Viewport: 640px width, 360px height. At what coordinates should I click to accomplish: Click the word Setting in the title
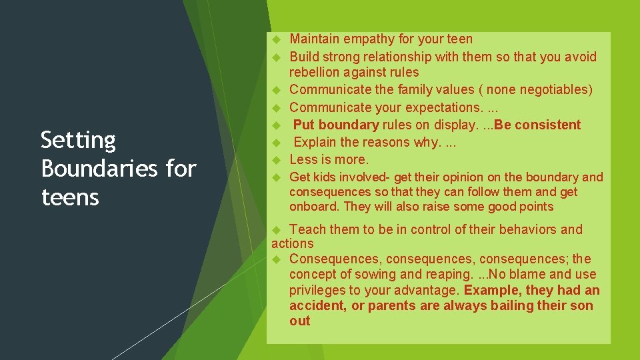tap(78, 141)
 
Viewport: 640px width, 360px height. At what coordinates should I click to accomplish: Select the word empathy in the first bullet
tap(367, 39)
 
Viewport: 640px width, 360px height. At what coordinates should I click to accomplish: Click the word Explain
tap(317, 142)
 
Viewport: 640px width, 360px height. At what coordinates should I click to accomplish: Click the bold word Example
tap(492, 291)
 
